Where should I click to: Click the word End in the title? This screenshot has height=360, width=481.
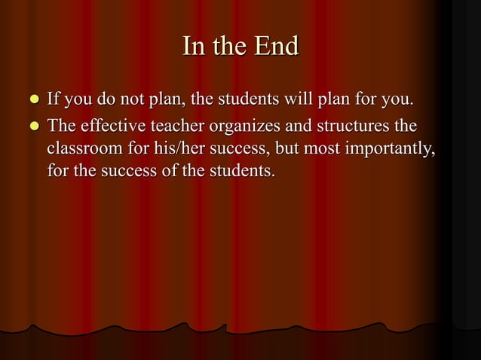(276, 47)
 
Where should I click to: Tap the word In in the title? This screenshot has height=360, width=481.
(192, 47)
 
